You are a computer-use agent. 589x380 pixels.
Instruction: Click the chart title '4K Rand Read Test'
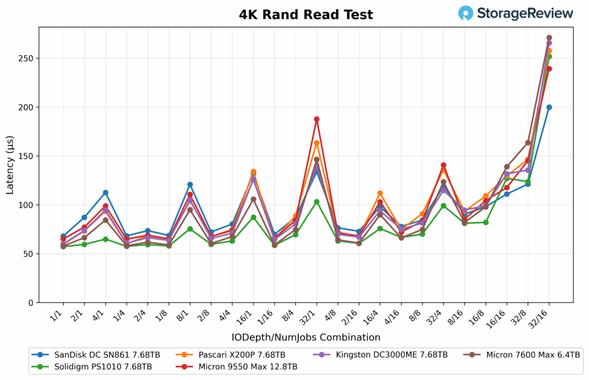306,15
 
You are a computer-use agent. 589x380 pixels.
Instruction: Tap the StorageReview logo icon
466,13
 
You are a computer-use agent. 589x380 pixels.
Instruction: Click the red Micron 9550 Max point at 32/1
316,119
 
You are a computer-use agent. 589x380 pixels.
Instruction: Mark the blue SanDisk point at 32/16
549,107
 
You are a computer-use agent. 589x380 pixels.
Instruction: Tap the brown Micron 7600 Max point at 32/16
549,38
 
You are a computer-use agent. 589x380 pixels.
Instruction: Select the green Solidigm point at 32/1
316,202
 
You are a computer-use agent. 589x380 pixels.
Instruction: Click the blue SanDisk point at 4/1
105,193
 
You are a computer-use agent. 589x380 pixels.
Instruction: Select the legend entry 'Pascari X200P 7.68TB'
239,355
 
